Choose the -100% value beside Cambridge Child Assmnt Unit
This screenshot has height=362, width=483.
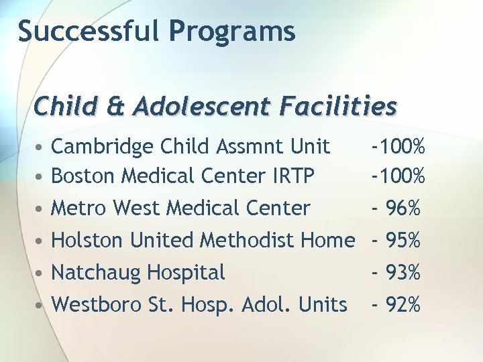(x=399, y=146)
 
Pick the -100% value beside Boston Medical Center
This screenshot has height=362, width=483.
(x=399, y=176)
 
